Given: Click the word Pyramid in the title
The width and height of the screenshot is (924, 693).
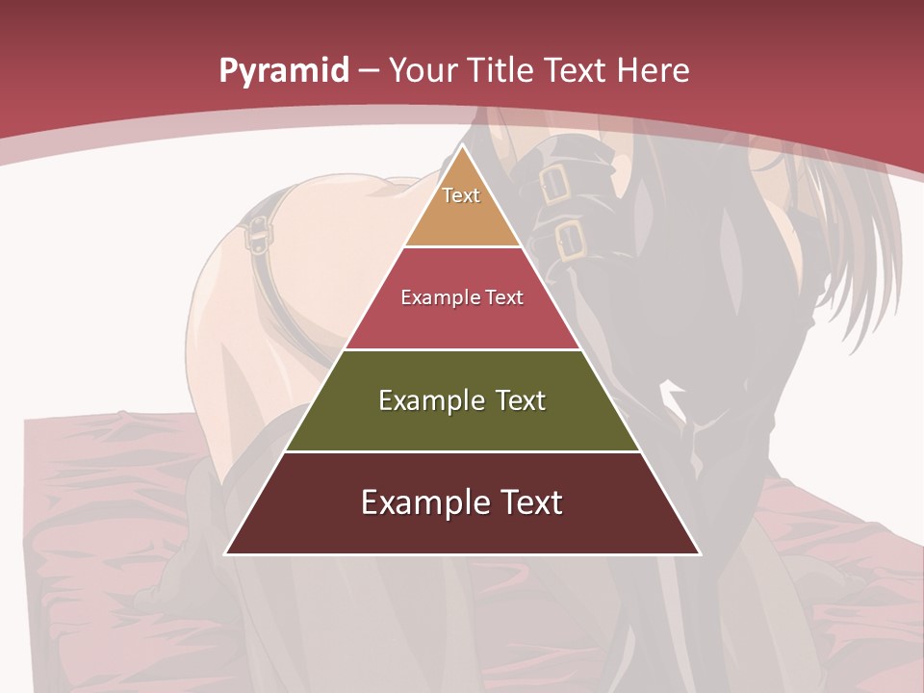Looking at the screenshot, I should (284, 71).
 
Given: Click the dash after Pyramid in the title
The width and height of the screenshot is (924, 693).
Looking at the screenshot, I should (369, 71).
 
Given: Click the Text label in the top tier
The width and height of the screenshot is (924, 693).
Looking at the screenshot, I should (461, 195).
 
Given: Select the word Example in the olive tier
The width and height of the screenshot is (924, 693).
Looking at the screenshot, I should (430, 400).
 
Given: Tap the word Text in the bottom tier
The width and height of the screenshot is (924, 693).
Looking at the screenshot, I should (532, 502).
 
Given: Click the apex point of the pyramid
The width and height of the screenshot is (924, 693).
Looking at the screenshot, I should (463, 146).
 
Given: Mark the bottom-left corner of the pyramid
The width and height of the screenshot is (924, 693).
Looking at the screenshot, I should (226, 553).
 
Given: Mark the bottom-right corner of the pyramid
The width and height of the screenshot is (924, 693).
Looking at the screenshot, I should (700, 553).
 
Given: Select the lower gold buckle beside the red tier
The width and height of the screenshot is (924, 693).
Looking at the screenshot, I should (570, 242).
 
